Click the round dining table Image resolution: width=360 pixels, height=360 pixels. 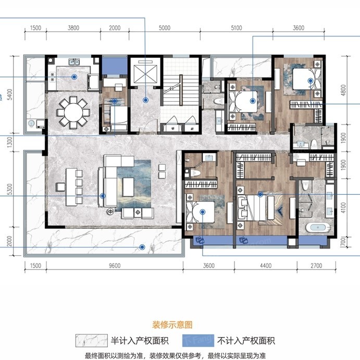point(73,110)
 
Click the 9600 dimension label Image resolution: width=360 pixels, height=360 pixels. point(114,266)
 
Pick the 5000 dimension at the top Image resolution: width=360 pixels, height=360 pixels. point(164,28)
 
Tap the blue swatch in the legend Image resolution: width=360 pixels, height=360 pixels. point(199,341)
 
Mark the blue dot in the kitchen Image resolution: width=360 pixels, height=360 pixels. point(75,77)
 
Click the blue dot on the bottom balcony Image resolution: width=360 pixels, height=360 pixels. point(141,247)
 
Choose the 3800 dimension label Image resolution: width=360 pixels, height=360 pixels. point(73,28)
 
